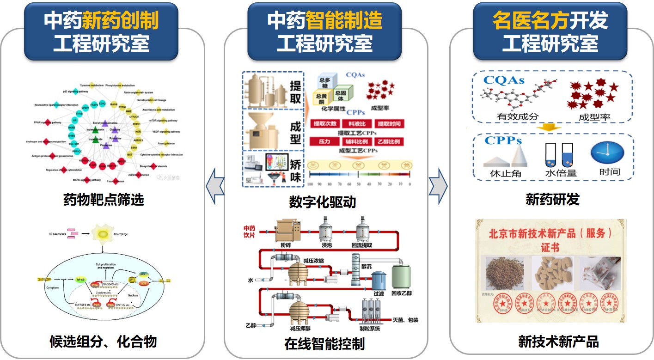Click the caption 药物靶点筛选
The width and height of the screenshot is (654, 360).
(104, 200)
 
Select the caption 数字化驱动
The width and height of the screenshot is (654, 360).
(323, 202)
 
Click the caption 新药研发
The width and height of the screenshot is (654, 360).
(552, 200)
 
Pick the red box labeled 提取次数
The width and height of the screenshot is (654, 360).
(325, 124)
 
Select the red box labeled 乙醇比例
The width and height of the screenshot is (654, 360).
(388, 141)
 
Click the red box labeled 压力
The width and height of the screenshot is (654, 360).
(324, 141)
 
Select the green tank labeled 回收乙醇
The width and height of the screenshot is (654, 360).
(400, 276)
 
